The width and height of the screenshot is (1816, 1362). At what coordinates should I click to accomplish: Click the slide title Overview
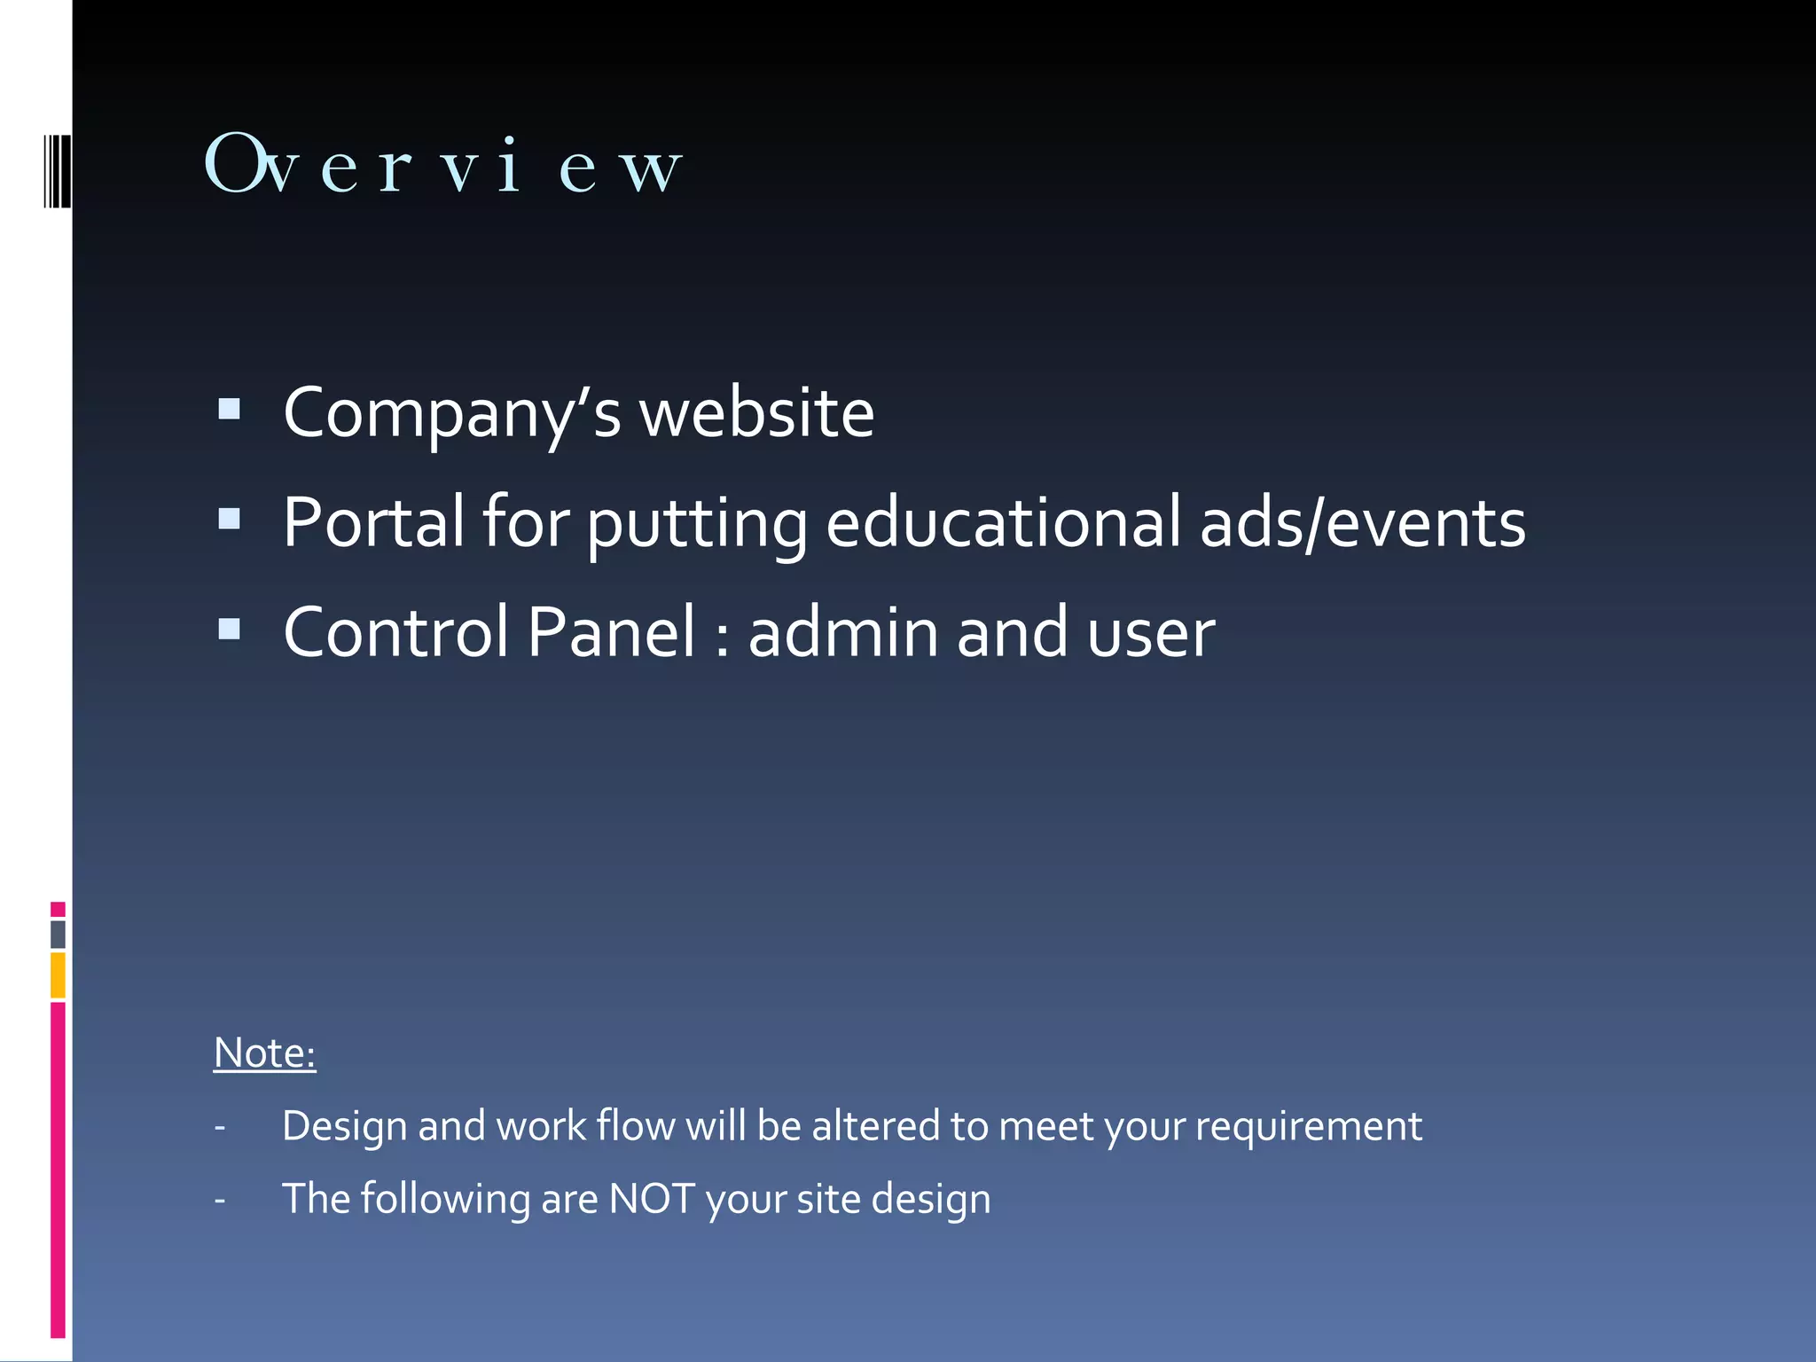click(443, 165)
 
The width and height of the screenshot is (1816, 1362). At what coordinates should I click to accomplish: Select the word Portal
click(373, 522)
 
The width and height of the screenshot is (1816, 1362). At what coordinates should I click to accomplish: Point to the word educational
click(1003, 522)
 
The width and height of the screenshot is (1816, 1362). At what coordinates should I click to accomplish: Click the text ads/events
click(1362, 522)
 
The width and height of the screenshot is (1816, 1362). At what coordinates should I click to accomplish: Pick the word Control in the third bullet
click(395, 632)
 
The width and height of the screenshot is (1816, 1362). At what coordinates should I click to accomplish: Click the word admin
click(843, 632)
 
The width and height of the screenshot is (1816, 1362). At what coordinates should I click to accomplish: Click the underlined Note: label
click(264, 1053)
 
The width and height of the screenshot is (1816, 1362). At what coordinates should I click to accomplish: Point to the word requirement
click(1308, 1127)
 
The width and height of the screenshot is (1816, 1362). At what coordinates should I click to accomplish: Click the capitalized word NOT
click(652, 1200)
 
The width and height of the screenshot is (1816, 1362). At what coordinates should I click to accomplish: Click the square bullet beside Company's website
click(230, 409)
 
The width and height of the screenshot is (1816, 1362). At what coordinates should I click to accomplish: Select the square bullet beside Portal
click(230, 519)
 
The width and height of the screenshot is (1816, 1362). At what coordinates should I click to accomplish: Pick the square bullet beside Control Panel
click(230, 629)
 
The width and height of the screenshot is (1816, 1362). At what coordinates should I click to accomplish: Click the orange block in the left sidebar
click(58, 975)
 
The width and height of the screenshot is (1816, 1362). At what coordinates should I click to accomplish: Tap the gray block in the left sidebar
click(58, 935)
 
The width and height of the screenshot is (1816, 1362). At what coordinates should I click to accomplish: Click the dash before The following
click(220, 1202)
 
